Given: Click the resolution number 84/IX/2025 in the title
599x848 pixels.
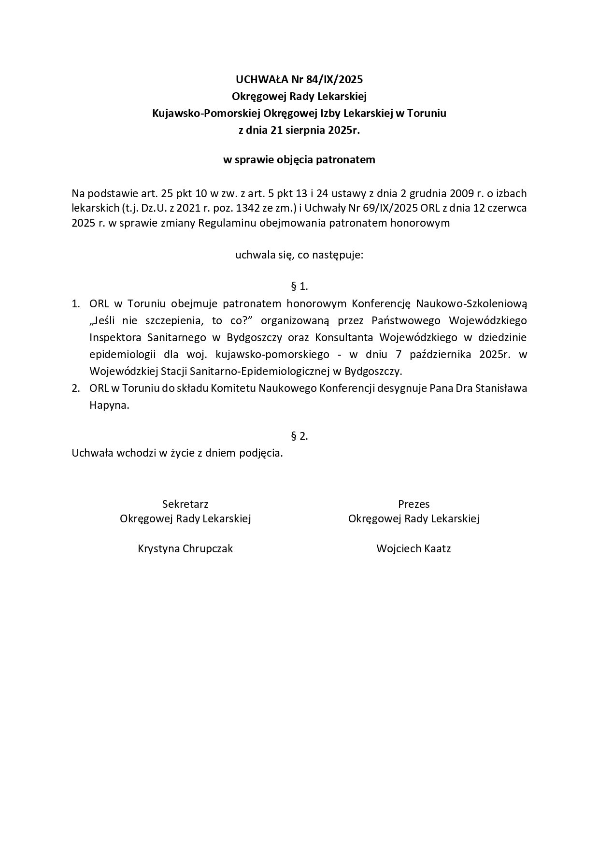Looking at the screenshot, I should click(334, 79).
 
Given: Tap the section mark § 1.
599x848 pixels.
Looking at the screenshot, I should click(299, 287).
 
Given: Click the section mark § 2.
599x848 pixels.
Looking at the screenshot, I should click(299, 436).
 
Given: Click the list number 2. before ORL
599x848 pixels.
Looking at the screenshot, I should click(76, 388).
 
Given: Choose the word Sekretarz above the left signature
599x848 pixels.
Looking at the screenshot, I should click(185, 504).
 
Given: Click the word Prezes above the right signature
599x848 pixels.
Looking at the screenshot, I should click(414, 504).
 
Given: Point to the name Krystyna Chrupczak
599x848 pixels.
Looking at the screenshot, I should click(185, 549).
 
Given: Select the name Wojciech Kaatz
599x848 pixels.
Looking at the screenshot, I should click(414, 549).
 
